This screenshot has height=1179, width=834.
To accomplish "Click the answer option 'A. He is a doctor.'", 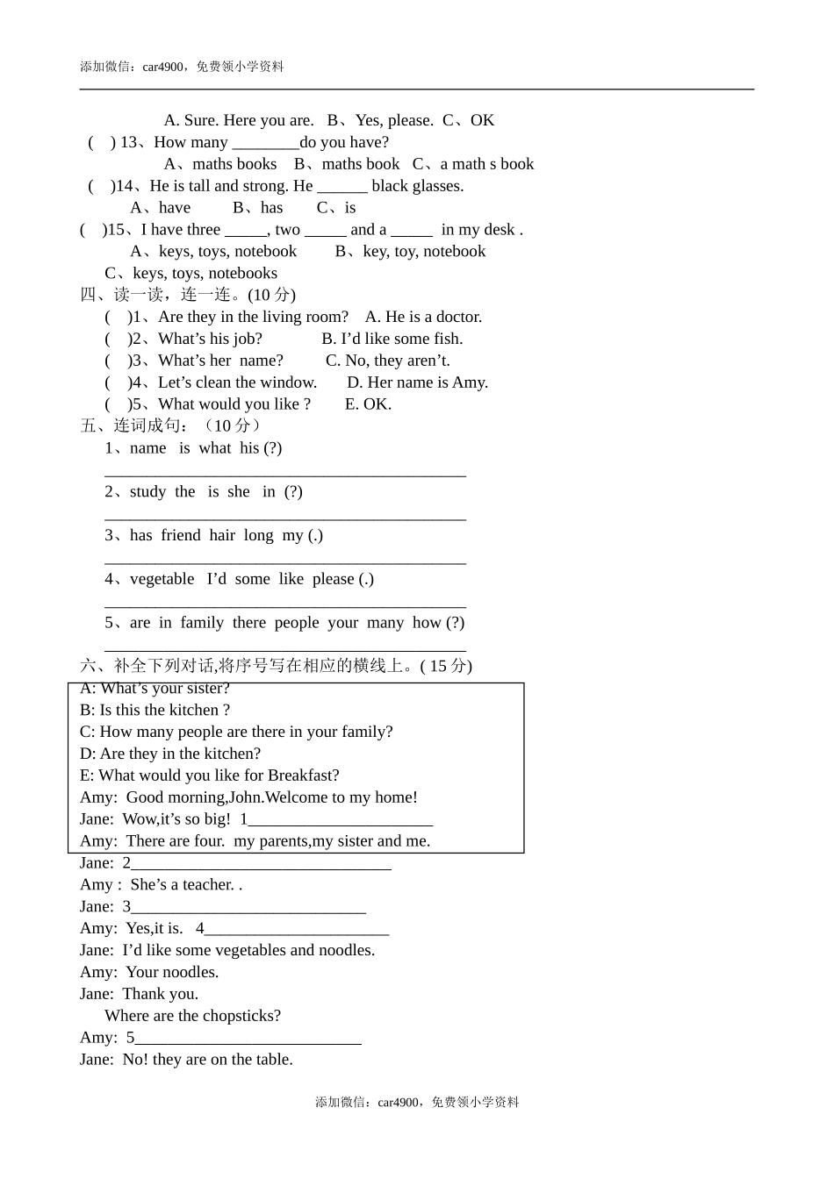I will pos(423,317).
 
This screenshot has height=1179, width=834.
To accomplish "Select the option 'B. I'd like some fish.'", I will pos(392,339).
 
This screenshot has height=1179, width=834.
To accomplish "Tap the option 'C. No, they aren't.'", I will pos(387,361).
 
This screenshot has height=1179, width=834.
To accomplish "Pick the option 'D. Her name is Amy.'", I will pos(417,382).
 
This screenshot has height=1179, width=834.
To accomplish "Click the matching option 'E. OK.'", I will pos(368,404).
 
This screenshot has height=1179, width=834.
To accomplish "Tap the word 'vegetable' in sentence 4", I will pos(162,579).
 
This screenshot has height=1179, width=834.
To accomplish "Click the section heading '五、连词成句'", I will pos(132,426).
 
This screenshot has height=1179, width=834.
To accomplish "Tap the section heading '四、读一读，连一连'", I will pos(156,295).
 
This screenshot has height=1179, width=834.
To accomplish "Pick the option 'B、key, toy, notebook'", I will pos(410,252).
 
